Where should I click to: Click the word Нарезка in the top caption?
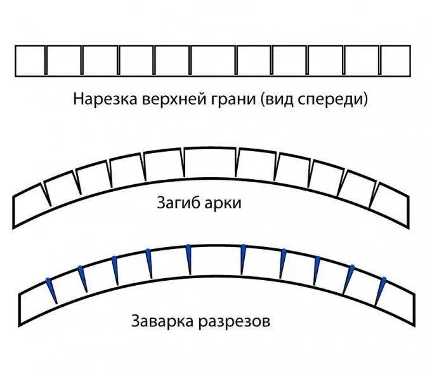click(x=105, y=99)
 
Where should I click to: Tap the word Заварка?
click(x=162, y=321)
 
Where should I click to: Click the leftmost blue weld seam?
click(x=51, y=291)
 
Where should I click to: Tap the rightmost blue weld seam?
click(x=380, y=291)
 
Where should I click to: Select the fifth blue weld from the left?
click(x=189, y=259)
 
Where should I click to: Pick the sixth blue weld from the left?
click(x=243, y=260)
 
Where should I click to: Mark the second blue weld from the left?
click(x=83, y=279)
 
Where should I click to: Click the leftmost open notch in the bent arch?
click(x=46, y=194)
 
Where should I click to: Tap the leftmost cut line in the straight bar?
click(x=46, y=60)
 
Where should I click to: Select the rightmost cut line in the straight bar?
click(x=380, y=60)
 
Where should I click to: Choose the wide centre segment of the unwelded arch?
click(x=211, y=162)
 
